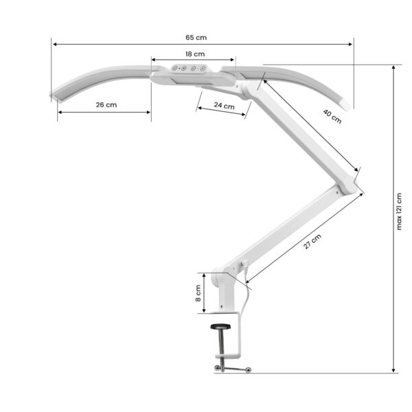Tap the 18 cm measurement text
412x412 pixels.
pyautogui.click(x=194, y=54)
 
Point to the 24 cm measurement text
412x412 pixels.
pyautogui.click(x=223, y=106)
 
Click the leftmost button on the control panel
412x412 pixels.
pyautogui.click(x=175, y=68)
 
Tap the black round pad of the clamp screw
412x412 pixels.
pyautogui.click(x=220, y=327)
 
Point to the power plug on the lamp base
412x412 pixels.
pyautogui.click(x=244, y=268)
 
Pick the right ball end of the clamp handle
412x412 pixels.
pyautogui.click(x=248, y=371)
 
